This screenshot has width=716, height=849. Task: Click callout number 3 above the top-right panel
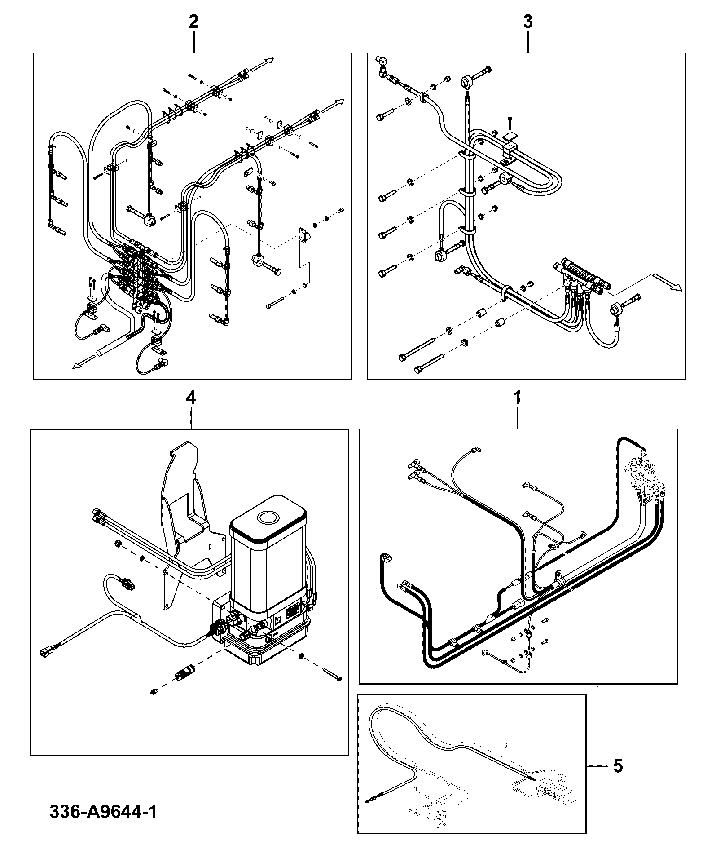528,22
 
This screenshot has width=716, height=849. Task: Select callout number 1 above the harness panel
518,398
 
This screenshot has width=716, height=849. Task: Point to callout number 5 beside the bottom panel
618,766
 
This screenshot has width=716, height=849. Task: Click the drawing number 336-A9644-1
103,812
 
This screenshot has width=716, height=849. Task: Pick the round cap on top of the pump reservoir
268,517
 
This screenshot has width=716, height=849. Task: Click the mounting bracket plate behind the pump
189,521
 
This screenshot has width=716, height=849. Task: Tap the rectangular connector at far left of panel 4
48,649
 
